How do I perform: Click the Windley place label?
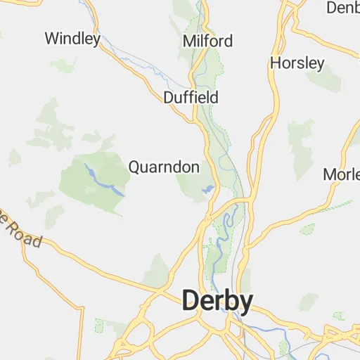72,38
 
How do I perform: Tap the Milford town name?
207,41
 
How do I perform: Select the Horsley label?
297,63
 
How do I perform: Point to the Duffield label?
191,97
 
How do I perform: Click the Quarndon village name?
164,167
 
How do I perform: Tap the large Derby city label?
217,301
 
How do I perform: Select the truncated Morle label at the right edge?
342,174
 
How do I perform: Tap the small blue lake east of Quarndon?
208,189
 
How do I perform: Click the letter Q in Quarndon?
134,167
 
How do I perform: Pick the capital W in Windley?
51,38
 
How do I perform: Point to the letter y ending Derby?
245,303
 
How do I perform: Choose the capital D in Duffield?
167,97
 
